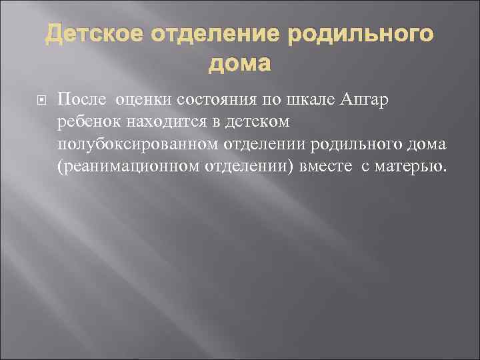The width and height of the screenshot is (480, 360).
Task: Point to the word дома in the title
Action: [x=240, y=64]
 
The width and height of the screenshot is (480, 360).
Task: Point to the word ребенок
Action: [x=87, y=123]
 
